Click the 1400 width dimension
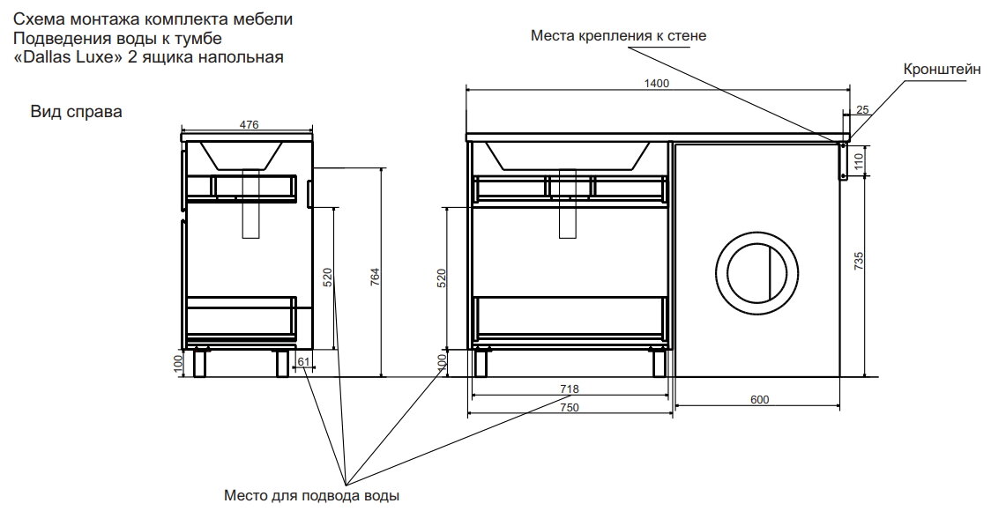click(x=658, y=83)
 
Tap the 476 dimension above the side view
click(x=249, y=126)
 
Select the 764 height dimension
click(x=374, y=276)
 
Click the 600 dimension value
click(x=759, y=400)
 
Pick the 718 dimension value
click(x=568, y=389)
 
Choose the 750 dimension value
click(x=568, y=407)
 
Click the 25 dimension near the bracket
click(x=862, y=109)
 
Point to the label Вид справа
click(x=76, y=112)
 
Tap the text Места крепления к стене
click(x=618, y=36)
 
